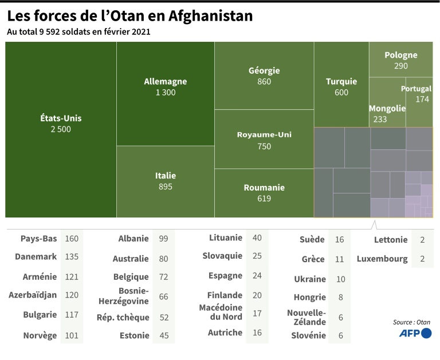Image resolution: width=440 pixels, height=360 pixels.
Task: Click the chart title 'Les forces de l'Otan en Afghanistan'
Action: [x=129, y=15]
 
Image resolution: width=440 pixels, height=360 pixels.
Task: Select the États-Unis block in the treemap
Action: [x=61, y=124]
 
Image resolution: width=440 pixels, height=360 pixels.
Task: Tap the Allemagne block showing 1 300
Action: [x=165, y=86]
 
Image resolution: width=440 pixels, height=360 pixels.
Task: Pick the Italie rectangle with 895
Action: [x=165, y=181]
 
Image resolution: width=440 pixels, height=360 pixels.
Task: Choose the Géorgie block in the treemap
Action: [x=264, y=76]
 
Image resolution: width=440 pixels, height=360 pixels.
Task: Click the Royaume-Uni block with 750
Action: [x=264, y=140]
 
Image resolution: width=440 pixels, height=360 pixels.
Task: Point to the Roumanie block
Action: [x=264, y=192]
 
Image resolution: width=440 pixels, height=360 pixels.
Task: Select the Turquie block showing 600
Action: [x=341, y=86]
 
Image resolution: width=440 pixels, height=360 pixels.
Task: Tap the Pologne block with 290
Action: [x=400, y=60]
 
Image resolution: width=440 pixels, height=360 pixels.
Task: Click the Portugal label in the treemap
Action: [x=416, y=89]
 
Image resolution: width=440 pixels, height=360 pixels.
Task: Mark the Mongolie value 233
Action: [x=379, y=119]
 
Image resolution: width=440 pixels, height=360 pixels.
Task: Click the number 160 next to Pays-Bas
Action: [x=72, y=238]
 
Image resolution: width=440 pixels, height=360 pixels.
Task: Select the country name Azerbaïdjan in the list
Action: [x=33, y=295]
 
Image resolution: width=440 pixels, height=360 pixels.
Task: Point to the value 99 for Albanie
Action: [x=164, y=239]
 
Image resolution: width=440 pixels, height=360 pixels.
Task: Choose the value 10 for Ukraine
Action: [x=340, y=279]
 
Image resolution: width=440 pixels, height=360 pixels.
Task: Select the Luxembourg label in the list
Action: [x=382, y=259]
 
